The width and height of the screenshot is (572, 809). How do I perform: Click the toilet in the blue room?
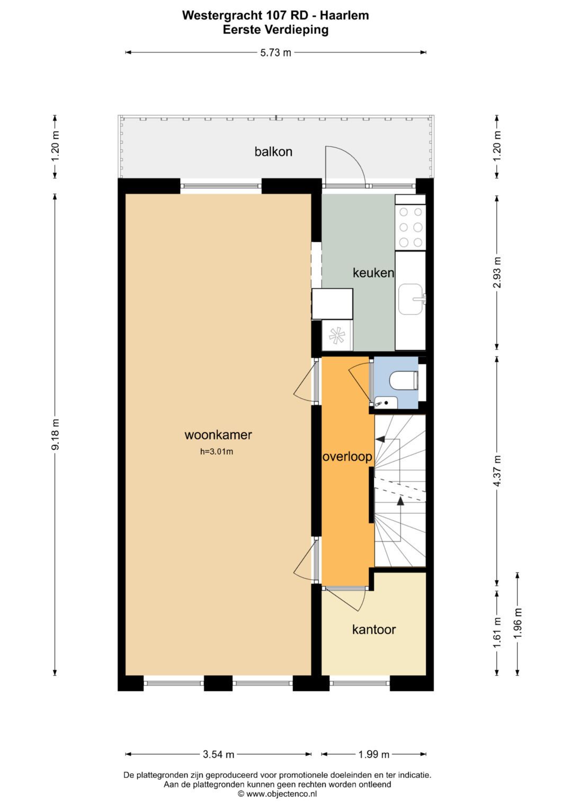pos(404,380)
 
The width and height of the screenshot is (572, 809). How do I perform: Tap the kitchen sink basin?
pos(410,299)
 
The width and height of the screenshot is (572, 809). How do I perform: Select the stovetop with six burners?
pos(410,227)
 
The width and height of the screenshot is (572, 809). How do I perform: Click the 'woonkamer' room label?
pos(218,434)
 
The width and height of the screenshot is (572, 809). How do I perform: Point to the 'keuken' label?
pos(373,273)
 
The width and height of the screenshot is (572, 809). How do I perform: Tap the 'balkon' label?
pos(273,152)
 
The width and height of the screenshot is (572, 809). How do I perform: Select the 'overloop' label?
pos(347,457)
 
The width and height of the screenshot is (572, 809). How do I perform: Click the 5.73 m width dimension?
pos(275,52)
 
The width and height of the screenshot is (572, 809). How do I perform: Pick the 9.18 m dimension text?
pos(55,434)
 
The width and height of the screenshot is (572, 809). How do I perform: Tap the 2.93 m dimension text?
pos(497,272)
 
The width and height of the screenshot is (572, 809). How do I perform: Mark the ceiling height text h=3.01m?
pos(217,451)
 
